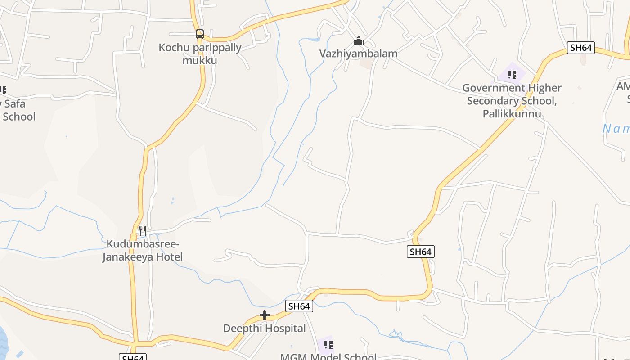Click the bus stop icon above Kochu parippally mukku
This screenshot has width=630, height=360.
pyautogui.click(x=200, y=34)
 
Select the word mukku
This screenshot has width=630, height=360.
pyautogui.click(x=200, y=60)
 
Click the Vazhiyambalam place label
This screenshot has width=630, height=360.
pyautogui.click(x=358, y=54)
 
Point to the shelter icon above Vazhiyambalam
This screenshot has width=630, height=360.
pyautogui.click(x=358, y=41)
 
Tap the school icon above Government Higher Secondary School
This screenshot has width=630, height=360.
pyautogui.click(x=512, y=74)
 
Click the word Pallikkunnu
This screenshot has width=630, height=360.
pyautogui.click(x=512, y=114)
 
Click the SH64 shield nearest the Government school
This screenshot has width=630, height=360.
pyautogui.click(x=580, y=48)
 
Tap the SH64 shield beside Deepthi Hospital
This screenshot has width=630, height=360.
pyautogui.click(x=299, y=306)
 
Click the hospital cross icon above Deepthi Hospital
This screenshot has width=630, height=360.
pyautogui.click(x=265, y=315)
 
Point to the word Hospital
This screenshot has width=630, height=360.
pyautogui.click(x=285, y=328)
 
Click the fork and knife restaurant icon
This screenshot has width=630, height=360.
pyautogui.click(x=142, y=231)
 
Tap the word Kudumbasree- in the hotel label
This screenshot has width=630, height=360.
pyautogui.click(x=143, y=244)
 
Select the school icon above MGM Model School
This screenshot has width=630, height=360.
pyautogui.click(x=328, y=345)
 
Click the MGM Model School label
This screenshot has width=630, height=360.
pyautogui.click(x=328, y=357)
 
